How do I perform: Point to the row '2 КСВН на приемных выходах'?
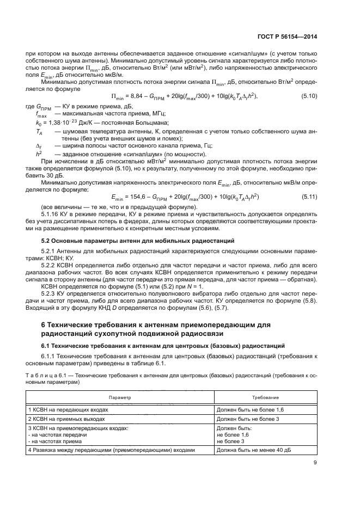[72, 419]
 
